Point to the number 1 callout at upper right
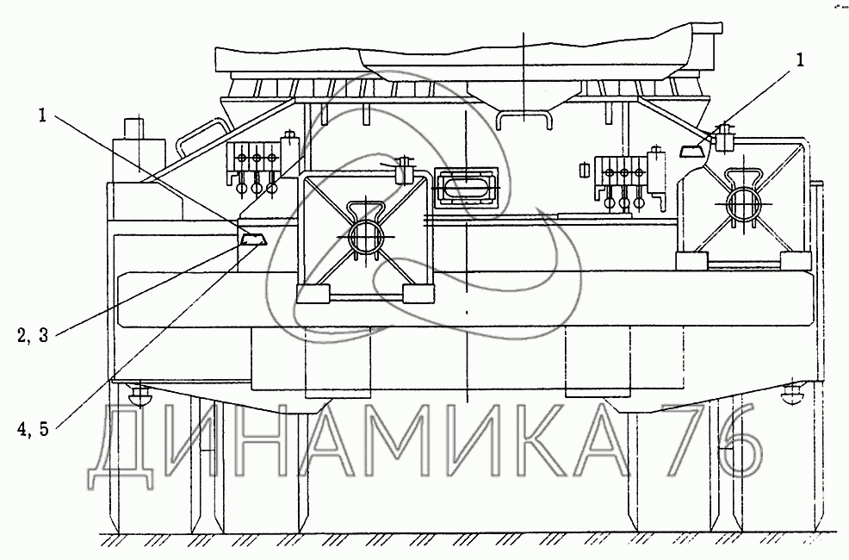point(801,60)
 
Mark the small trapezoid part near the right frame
point(692,150)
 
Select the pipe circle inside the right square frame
point(741,203)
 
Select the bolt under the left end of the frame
point(140,396)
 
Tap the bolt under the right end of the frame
point(790,396)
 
